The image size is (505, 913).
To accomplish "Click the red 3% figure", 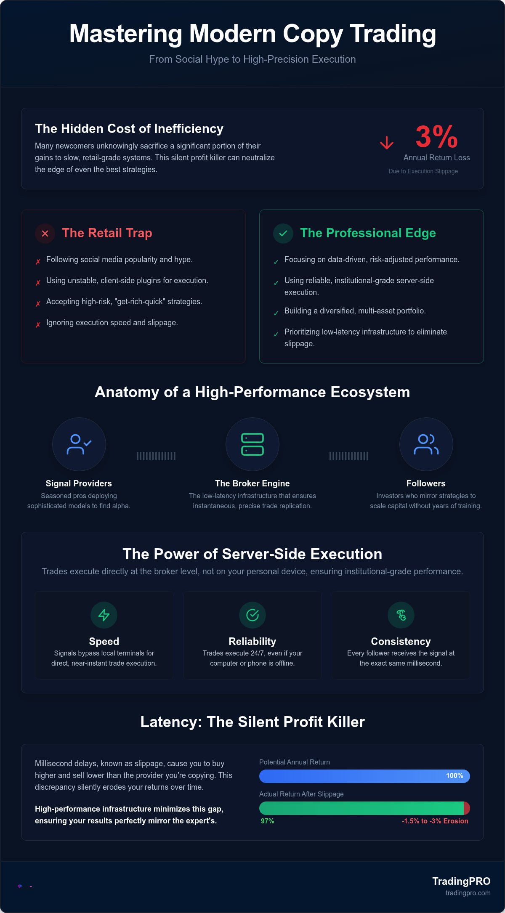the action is click(x=436, y=136).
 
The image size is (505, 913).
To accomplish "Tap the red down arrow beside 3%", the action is click(x=387, y=143).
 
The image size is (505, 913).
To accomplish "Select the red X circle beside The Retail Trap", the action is click(x=45, y=234).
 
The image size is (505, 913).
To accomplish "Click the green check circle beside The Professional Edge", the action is click(x=283, y=234).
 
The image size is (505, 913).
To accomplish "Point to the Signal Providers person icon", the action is click(x=79, y=444).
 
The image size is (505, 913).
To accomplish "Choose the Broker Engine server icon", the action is click(x=252, y=444).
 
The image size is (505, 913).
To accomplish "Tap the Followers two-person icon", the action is click(x=426, y=444).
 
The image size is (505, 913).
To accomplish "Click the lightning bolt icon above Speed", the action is click(x=104, y=615).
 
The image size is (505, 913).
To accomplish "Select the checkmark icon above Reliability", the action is click(x=252, y=615).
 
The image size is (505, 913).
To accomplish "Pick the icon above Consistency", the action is click(x=401, y=615).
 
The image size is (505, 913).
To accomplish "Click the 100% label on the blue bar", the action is click(x=454, y=775).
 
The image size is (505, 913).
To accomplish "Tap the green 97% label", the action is click(x=267, y=821).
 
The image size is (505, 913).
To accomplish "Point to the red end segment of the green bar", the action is click(x=467, y=808).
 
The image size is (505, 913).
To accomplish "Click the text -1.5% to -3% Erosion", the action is click(x=435, y=821).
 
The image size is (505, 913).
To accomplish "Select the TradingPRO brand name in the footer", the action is click(x=461, y=881).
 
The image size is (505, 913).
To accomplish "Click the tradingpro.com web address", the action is click(x=468, y=893).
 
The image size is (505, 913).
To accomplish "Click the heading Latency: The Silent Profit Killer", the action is click(x=252, y=722).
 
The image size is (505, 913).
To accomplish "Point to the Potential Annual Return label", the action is click(x=295, y=762).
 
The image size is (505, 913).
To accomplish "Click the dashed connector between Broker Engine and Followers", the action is click(x=349, y=456).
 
